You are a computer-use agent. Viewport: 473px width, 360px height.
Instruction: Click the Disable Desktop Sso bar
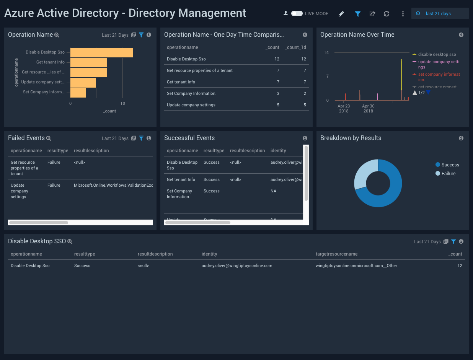pos(101,52)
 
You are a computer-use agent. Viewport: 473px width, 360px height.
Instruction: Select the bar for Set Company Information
pos(78,92)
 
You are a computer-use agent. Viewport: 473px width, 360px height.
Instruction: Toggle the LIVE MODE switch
pos(297,13)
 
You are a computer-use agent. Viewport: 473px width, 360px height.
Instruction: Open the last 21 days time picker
pos(438,13)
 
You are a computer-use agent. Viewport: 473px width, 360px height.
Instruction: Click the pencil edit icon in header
pos(341,14)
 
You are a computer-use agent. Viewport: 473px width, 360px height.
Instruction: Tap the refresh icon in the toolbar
pos(387,14)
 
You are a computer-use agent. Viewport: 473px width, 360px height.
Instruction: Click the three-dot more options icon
pos(403,14)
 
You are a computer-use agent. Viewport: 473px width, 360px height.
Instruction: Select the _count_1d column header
pos(295,47)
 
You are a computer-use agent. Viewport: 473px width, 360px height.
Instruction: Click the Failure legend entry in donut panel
pos(448,174)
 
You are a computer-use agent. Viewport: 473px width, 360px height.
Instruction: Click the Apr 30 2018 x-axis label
pos(368,108)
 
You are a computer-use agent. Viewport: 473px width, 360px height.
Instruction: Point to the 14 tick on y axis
pos(326,52)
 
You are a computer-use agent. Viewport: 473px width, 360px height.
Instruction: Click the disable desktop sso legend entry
pos(437,54)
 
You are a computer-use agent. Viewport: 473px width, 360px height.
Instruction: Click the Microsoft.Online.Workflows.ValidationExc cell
pos(113,185)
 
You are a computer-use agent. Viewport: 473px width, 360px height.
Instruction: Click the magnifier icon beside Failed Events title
pos(49,138)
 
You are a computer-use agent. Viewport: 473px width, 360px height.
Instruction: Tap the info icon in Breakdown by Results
pos(461,138)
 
